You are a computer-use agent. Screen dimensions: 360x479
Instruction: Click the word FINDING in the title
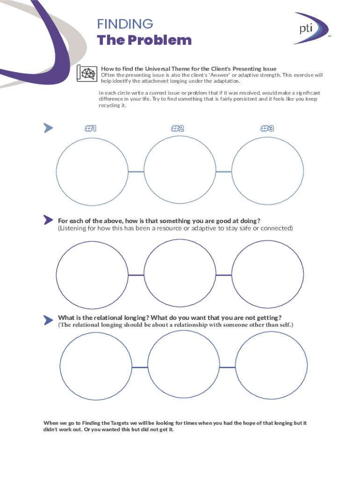125,24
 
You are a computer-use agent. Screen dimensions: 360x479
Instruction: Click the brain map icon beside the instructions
87,73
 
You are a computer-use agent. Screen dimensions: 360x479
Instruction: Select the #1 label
91,128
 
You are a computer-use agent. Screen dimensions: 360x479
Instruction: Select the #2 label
178,128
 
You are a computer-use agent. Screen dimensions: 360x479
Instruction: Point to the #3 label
267,128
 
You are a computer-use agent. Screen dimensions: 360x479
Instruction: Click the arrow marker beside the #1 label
48,128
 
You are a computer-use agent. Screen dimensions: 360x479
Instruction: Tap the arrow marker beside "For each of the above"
48,220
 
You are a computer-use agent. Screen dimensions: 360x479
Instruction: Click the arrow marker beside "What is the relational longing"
48,320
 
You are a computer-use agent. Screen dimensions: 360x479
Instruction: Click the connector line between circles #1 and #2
136,172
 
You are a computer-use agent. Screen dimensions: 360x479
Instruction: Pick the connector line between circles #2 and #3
224,172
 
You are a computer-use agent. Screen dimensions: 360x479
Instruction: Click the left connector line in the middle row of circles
136,275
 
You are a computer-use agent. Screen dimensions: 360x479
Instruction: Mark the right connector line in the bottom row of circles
228,367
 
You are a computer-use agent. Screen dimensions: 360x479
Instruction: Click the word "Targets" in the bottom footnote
119,423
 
